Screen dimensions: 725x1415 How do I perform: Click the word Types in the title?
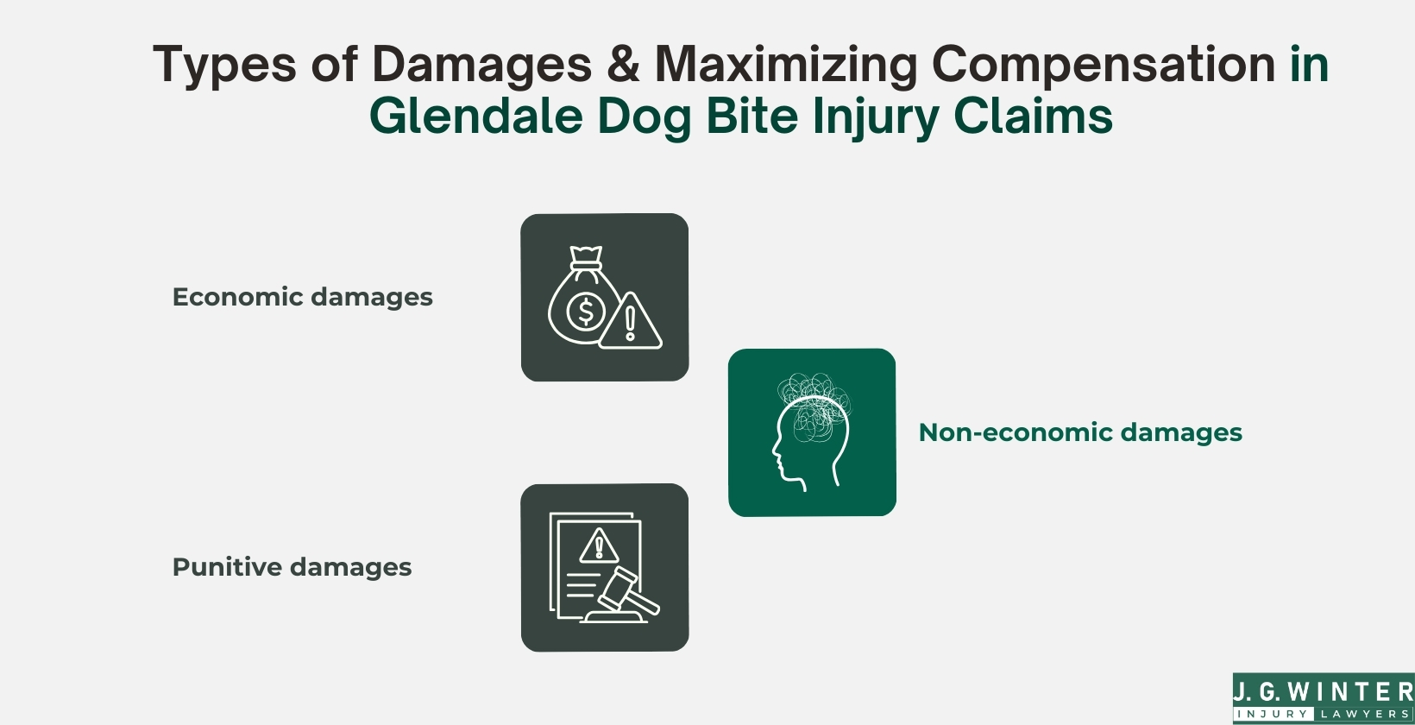[223, 66]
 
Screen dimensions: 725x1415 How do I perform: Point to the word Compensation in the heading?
[1104, 65]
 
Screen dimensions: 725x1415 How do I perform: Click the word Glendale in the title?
[475, 116]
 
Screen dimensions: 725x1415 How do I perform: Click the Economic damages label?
[302, 297]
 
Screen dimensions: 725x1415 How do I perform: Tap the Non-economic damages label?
[1080, 432]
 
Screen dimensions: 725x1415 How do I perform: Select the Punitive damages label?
[292, 567]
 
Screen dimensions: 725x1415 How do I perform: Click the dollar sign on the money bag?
[586, 311]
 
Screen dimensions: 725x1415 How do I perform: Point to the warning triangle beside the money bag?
[631, 324]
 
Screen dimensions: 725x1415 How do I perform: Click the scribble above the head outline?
[814, 395]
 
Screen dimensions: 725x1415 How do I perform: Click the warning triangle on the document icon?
[598, 546]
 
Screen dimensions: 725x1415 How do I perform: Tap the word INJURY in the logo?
[1273, 715]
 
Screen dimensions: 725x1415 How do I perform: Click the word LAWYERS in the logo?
[1364, 715]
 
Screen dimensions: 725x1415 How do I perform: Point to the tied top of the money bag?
[587, 257]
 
